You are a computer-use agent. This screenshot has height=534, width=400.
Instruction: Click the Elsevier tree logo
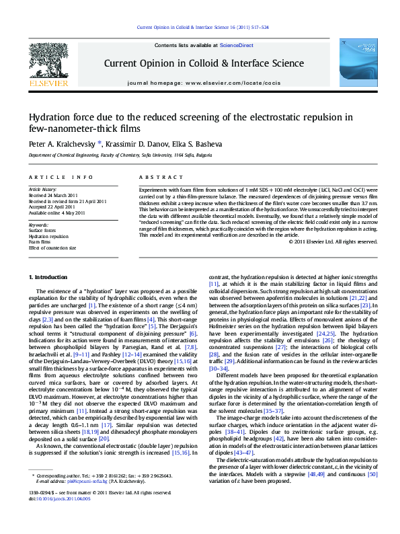(x=49, y=63)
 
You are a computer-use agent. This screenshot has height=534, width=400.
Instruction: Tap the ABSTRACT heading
(x=157, y=177)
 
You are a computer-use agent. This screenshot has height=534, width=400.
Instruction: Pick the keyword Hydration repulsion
(x=49, y=237)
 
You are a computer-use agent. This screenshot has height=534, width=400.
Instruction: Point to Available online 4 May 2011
(x=56, y=213)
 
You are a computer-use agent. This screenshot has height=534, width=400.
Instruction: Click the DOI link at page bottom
(x=59, y=518)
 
